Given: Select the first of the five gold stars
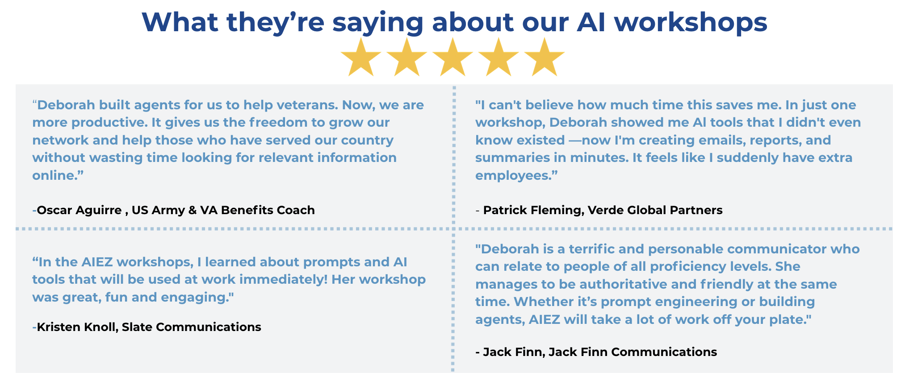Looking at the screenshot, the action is coord(360,57).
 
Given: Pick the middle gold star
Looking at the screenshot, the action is coord(452,57).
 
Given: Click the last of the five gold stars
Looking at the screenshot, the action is coord(545,57).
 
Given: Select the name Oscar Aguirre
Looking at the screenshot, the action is coord(79,210).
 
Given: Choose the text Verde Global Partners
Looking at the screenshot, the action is coord(655,210).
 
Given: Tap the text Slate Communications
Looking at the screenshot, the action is coord(191,327).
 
